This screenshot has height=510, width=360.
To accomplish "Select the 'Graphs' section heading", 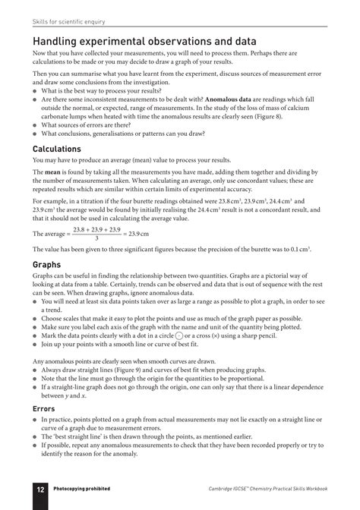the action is click(46, 265).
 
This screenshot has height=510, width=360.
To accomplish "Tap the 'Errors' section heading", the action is click(42, 408).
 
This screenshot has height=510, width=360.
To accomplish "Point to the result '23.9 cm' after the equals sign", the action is click(139, 231).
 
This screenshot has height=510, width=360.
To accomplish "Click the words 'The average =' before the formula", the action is click(51, 231).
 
